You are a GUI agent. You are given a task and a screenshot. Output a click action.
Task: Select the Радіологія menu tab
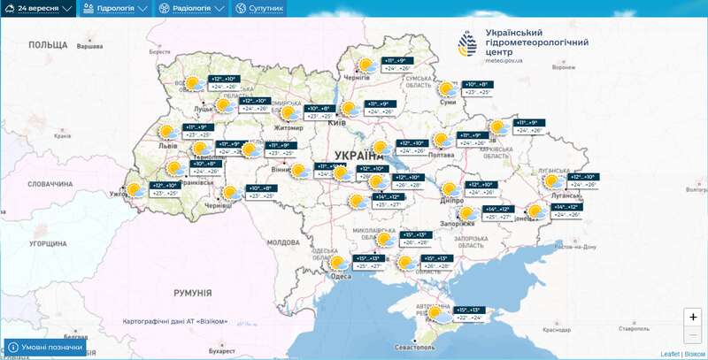191,8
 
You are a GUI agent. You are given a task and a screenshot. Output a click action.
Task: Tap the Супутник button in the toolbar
260,8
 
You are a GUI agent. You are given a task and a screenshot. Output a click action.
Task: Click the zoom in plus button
693,317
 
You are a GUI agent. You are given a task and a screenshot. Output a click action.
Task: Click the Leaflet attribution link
670,354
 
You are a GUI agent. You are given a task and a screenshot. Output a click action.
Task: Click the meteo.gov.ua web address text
504,61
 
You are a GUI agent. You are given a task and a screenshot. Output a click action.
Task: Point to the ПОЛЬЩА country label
48,44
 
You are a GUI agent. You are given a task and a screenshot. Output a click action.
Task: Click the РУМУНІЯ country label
192,293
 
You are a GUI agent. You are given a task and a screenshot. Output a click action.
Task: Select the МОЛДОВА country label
283,241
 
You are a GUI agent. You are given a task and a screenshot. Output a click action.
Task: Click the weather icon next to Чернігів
364,65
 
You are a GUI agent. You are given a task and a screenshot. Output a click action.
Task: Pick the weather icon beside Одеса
337,263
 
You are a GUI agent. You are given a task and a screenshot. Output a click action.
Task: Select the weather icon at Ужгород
135,189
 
